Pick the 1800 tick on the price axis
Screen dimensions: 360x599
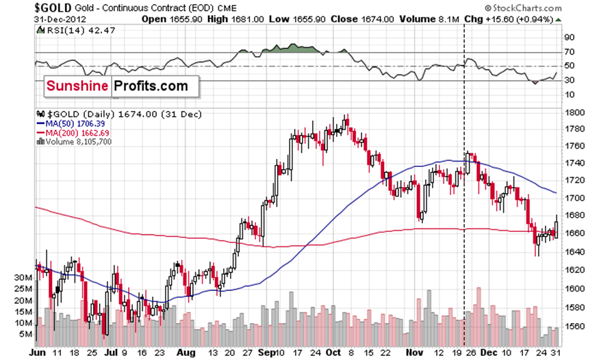click(x=574, y=112)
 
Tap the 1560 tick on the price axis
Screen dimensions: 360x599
click(x=574, y=326)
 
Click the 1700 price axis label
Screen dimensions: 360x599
click(x=574, y=198)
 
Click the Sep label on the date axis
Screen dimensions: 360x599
click(x=266, y=353)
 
